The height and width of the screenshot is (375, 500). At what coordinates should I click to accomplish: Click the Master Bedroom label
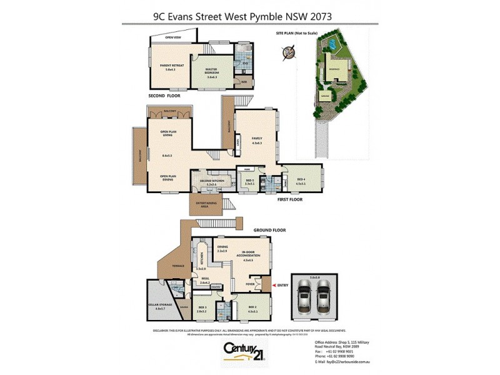[211, 71]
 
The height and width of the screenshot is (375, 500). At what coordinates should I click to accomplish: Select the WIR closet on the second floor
[243, 81]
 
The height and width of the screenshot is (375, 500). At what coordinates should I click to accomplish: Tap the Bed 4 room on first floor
[301, 181]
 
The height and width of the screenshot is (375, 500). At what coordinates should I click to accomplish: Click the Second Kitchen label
[212, 182]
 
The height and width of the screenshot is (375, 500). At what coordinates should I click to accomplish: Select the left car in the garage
[304, 296]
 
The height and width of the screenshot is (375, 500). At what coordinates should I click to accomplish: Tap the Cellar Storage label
[159, 306]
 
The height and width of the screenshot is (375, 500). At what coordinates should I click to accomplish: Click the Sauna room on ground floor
[183, 306]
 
